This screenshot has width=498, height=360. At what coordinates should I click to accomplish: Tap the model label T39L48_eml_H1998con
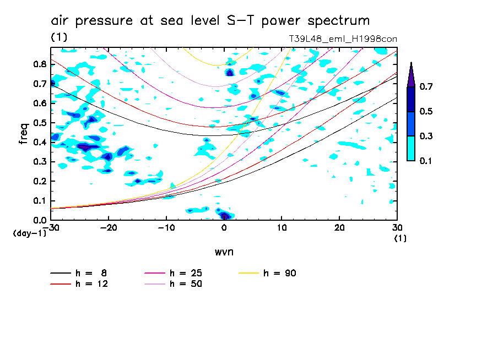[343, 39]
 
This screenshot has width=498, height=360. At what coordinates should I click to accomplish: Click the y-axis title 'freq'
[23, 134]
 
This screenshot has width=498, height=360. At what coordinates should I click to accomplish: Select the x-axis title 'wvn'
[224, 252]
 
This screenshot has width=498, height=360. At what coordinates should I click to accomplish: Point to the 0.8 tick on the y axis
[40, 64]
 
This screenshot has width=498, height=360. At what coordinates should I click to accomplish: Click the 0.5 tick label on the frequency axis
[40, 123]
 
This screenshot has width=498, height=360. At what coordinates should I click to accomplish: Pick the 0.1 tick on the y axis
[40, 201]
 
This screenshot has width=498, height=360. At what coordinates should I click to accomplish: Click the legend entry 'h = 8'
[80, 273]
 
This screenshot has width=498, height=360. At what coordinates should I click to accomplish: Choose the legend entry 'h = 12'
[80, 284]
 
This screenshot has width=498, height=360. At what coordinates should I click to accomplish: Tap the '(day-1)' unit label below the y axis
[29, 234]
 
